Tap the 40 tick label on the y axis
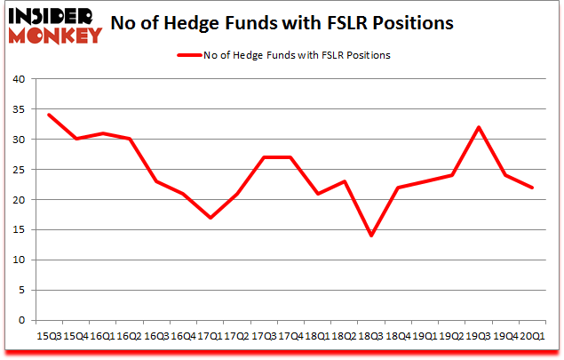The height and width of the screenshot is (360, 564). tap(17, 79)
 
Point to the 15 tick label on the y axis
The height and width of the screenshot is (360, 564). tap(17, 230)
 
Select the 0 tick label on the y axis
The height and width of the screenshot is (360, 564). tap(20, 321)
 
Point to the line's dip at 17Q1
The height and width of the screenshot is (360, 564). tap(211, 218)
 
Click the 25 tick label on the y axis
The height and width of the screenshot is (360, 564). tap(17, 170)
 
